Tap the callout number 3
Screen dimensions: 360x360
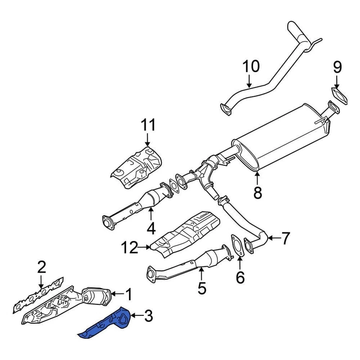click(148, 316)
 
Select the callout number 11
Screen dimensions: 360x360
click(148, 125)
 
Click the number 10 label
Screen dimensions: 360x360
click(251, 67)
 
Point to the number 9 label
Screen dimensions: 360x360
click(337, 67)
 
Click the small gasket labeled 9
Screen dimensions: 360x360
click(339, 95)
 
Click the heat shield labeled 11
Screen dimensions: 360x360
click(137, 167)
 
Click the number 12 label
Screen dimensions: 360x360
click(130, 247)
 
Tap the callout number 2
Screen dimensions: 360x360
click(41, 267)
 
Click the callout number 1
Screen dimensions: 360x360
click(129, 294)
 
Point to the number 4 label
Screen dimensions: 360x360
click(151, 228)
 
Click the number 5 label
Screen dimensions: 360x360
click(202, 288)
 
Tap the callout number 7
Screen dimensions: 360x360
click(285, 238)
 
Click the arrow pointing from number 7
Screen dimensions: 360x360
click(273, 238)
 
